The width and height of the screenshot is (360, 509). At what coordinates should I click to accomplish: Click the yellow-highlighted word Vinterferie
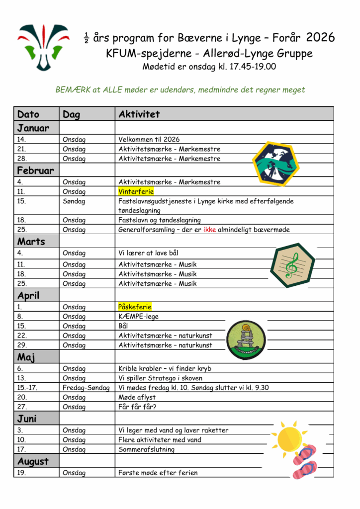coord(136,191)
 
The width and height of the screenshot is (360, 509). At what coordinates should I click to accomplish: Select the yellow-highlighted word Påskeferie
coord(135,307)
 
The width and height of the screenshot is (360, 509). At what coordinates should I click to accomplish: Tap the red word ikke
coord(209,230)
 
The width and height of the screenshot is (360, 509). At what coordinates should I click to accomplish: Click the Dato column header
coord(28,114)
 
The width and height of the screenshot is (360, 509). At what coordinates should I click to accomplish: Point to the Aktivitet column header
coord(139,114)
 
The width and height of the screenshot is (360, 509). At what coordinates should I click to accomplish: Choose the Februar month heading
coord(35,170)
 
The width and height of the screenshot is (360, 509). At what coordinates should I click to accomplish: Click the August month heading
coord(33,461)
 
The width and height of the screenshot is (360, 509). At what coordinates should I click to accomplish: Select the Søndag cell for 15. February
coord(74,201)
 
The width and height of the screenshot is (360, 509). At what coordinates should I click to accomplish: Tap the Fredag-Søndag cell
coord(86,388)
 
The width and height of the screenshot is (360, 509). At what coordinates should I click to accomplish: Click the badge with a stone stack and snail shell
coord(246,339)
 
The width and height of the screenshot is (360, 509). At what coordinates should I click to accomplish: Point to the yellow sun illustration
coord(289,437)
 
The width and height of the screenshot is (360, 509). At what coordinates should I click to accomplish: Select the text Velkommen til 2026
coord(149,140)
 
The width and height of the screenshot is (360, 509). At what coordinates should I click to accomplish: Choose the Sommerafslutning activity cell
coord(147,449)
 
